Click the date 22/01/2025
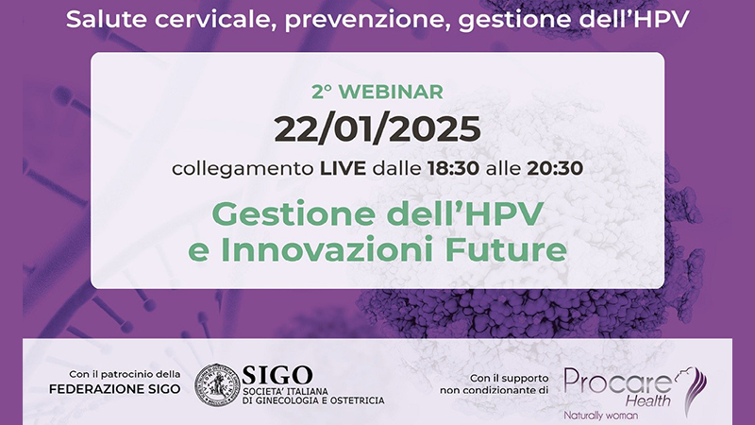point(377,129)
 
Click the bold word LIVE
point(343,168)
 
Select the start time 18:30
point(453,168)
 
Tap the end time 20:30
point(555,168)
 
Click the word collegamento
point(243,169)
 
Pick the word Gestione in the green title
point(293,214)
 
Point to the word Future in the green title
point(506,249)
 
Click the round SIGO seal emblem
point(217,384)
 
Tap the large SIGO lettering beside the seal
point(277,375)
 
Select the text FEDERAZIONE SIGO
point(114,389)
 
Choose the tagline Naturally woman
point(600,415)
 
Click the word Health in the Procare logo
point(647,399)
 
